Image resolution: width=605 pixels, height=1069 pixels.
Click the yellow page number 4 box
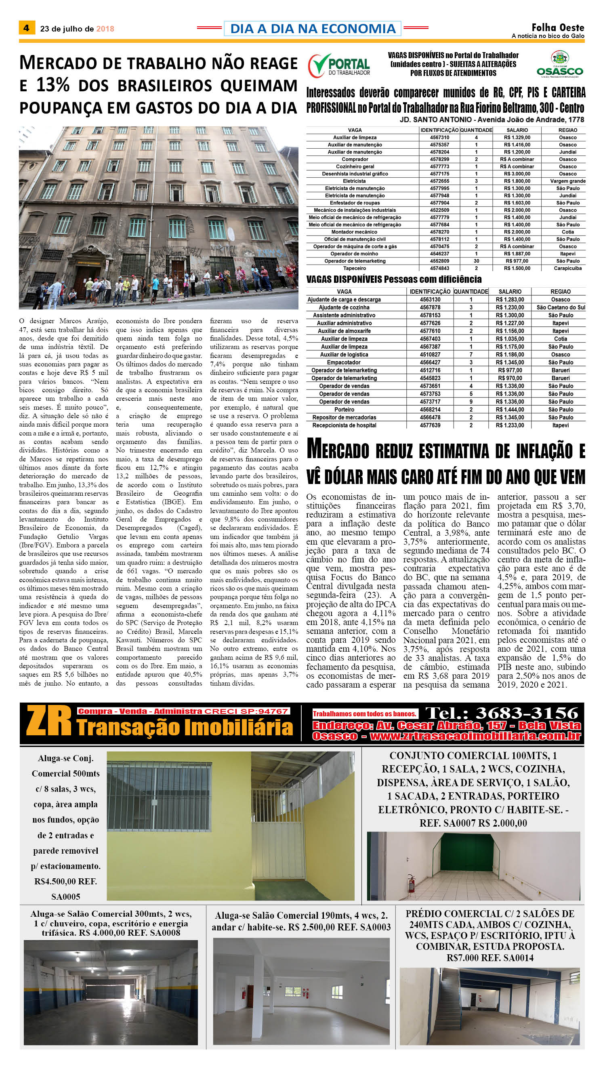tap(27, 28)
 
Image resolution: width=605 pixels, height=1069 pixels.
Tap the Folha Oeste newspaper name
tap(558, 27)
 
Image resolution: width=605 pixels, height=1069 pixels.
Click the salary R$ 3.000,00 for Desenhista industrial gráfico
tap(517, 174)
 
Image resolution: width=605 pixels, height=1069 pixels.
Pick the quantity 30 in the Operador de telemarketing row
tap(476, 261)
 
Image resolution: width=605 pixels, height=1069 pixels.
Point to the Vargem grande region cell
tap(567, 181)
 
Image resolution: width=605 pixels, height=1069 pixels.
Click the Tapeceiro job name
tap(355, 269)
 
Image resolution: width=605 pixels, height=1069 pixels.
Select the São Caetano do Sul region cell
tap(561, 307)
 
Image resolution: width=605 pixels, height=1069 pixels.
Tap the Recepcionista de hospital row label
tap(344, 425)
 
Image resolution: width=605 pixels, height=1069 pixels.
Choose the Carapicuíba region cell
tap(567, 269)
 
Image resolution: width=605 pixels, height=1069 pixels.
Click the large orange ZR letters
tap(49, 721)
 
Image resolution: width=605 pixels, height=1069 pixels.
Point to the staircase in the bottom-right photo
tap(450, 1002)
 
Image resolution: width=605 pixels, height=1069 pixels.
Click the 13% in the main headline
tap(53, 85)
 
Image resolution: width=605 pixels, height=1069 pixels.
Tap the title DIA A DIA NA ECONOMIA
tap(313, 28)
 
